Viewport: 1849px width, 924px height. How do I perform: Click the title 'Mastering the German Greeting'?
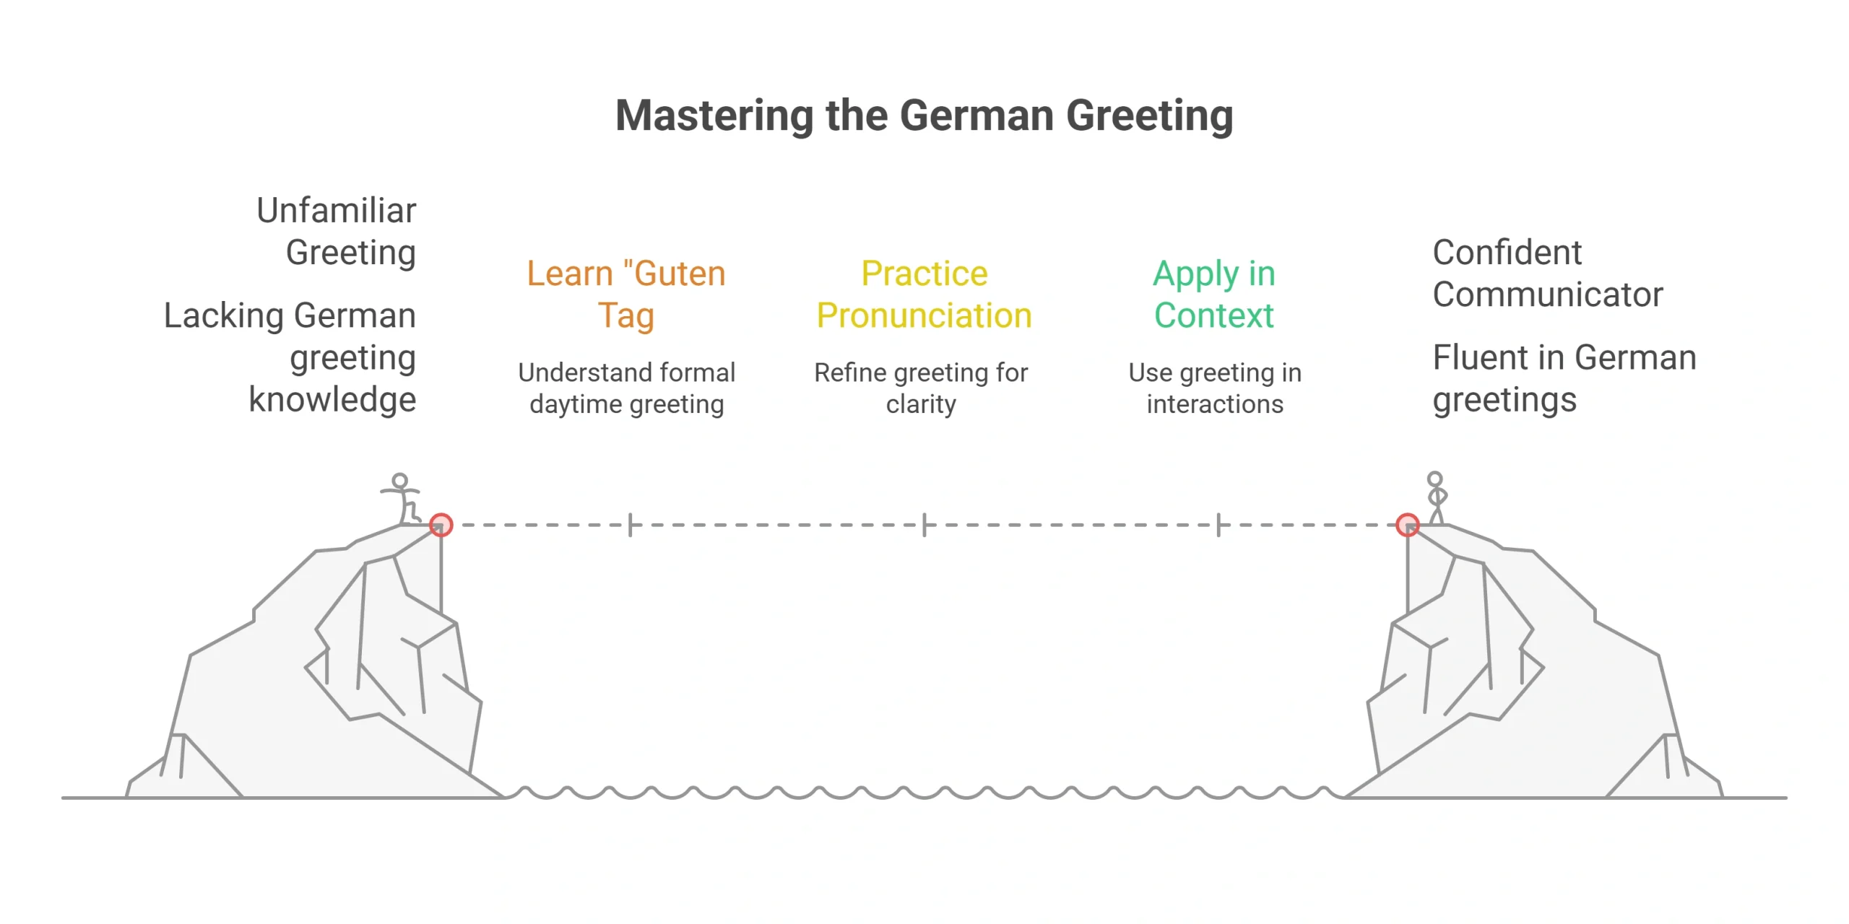(924, 115)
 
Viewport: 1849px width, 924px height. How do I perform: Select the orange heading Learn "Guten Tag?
(626, 295)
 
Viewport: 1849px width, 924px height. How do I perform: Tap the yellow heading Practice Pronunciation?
(924, 295)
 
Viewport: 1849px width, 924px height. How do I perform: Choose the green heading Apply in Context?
(1214, 295)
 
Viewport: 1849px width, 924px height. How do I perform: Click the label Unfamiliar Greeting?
(337, 231)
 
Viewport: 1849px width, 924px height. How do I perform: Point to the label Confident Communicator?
(1548, 273)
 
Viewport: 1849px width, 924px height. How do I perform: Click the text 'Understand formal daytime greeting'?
(627, 388)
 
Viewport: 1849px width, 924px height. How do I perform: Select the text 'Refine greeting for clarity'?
(921, 388)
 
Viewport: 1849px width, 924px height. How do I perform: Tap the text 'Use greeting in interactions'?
(1215, 388)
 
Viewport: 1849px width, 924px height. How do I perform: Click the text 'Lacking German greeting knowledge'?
(290, 357)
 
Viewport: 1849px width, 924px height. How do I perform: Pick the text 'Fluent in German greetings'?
(1564, 378)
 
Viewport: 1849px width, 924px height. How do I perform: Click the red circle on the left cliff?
(441, 525)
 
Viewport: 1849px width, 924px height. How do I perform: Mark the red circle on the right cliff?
(1408, 525)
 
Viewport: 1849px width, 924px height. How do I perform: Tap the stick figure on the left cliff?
(402, 498)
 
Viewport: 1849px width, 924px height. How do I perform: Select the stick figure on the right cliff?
(1437, 497)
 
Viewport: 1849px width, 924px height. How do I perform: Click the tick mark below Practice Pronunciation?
(924, 525)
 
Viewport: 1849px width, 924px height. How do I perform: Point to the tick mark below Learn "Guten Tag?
(631, 525)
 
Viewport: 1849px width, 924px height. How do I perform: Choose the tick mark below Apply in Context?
(1218, 525)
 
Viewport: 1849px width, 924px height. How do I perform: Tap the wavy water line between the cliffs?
(924, 793)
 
